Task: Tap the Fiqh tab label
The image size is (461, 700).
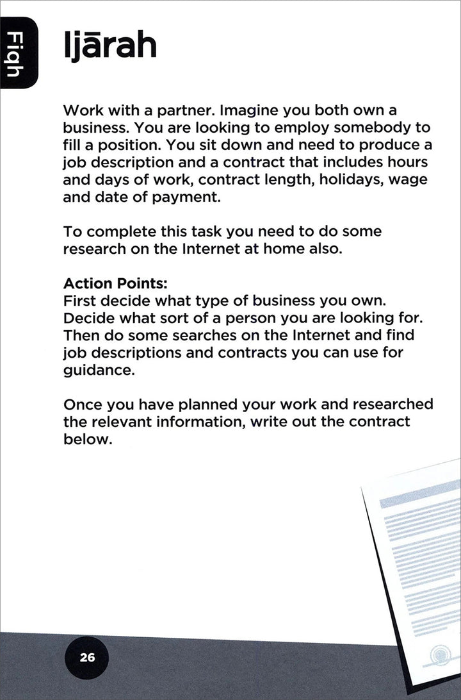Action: pyautogui.click(x=18, y=54)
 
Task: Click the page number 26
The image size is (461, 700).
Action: pyautogui.click(x=87, y=657)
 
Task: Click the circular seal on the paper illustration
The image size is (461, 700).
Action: pyautogui.click(x=441, y=654)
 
